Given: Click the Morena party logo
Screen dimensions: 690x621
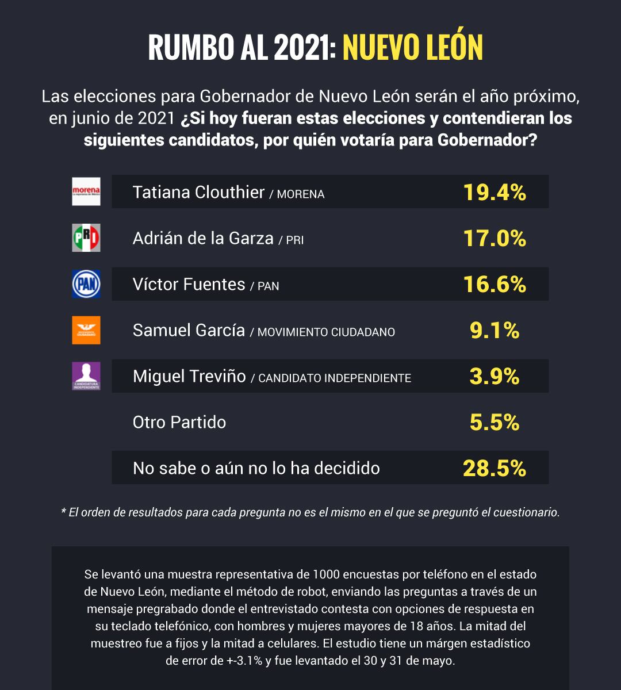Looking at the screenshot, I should point(86,191).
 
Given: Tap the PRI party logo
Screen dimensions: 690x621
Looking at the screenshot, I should point(86,237).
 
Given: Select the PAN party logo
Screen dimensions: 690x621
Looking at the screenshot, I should point(86,283).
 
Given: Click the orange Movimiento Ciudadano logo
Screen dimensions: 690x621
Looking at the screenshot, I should point(86,330).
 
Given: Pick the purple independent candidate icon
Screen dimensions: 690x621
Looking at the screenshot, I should point(86,376).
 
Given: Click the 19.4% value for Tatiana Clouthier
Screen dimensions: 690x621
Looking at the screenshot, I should point(494,192).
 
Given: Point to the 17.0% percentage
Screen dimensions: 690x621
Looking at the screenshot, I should point(494,238).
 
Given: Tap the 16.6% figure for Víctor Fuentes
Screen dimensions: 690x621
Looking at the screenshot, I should point(494,284).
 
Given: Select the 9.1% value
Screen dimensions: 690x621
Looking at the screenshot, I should point(494,330).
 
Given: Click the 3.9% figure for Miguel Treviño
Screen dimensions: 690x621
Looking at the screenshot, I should point(494,376).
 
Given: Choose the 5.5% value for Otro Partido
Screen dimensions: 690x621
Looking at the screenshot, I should point(494,422).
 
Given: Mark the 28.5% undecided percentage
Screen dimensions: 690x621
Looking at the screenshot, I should point(494,468).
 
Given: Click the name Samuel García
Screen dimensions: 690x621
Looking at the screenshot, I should point(189,330).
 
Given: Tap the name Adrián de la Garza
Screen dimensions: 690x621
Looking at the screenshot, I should point(203,238).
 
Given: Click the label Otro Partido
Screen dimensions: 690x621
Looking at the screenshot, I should point(179,422).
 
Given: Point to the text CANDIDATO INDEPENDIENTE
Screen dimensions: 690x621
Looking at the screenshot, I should point(335,378).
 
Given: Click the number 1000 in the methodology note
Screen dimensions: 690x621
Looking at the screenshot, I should point(326,574).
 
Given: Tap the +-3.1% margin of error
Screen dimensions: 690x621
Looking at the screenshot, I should point(244,661).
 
